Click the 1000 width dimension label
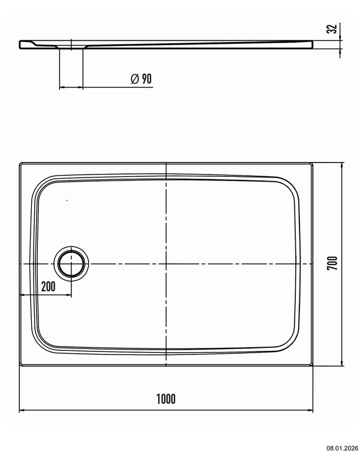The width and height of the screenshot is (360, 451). coord(166,399)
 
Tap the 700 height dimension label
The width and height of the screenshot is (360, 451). coord(332,263)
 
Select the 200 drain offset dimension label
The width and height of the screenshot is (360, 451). coord(49,287)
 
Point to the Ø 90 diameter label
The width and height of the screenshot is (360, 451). coord(141,79)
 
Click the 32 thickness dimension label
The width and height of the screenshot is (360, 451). coord(332,29)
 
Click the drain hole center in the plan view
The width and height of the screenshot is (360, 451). coord(71,264)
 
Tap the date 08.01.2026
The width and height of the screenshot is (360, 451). coord(342,448)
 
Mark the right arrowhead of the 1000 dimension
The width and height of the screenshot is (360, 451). coord(310,410)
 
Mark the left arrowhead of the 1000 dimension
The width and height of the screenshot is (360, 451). coord(22,410)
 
